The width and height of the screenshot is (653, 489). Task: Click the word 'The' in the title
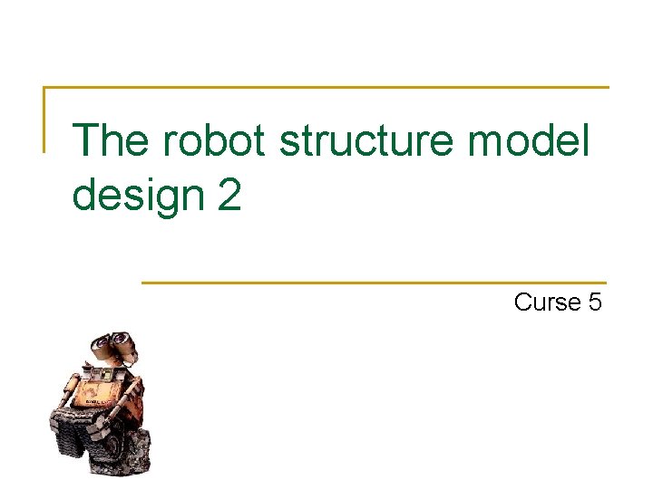109,140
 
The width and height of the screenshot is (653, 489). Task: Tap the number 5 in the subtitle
594,302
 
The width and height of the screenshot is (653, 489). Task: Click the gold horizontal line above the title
326,88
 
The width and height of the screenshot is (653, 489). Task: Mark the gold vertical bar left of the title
44,119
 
